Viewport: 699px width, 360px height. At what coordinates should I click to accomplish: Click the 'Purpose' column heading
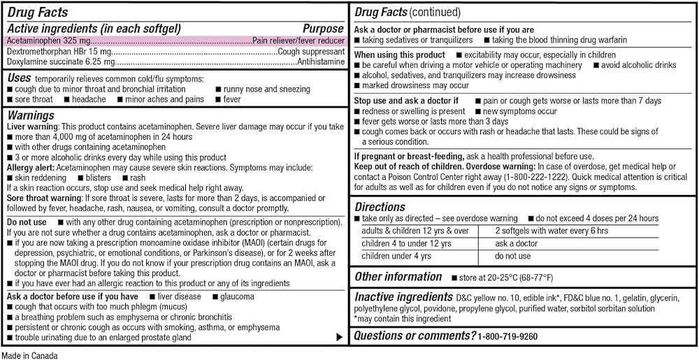[323, 29]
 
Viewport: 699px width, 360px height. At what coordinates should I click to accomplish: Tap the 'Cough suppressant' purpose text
[311, 52]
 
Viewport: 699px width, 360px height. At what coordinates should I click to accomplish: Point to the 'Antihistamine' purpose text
[321, 62]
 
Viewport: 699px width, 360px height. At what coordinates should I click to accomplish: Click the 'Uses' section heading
[19, 78]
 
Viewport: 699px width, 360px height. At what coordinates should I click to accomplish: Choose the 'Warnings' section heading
[31, 115]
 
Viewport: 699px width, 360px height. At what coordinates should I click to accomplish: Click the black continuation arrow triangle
[340, 338]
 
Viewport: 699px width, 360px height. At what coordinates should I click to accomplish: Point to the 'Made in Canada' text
[29, 354]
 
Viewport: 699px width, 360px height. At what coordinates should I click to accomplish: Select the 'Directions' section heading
[380, 207]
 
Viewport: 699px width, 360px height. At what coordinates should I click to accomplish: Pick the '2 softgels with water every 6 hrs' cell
[552, 231]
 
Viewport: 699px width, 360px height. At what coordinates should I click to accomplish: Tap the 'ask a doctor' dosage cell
[517, 244]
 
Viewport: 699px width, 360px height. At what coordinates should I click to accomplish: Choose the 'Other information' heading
[398, 277]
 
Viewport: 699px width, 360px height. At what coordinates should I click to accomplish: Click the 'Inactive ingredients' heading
[403, 297]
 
